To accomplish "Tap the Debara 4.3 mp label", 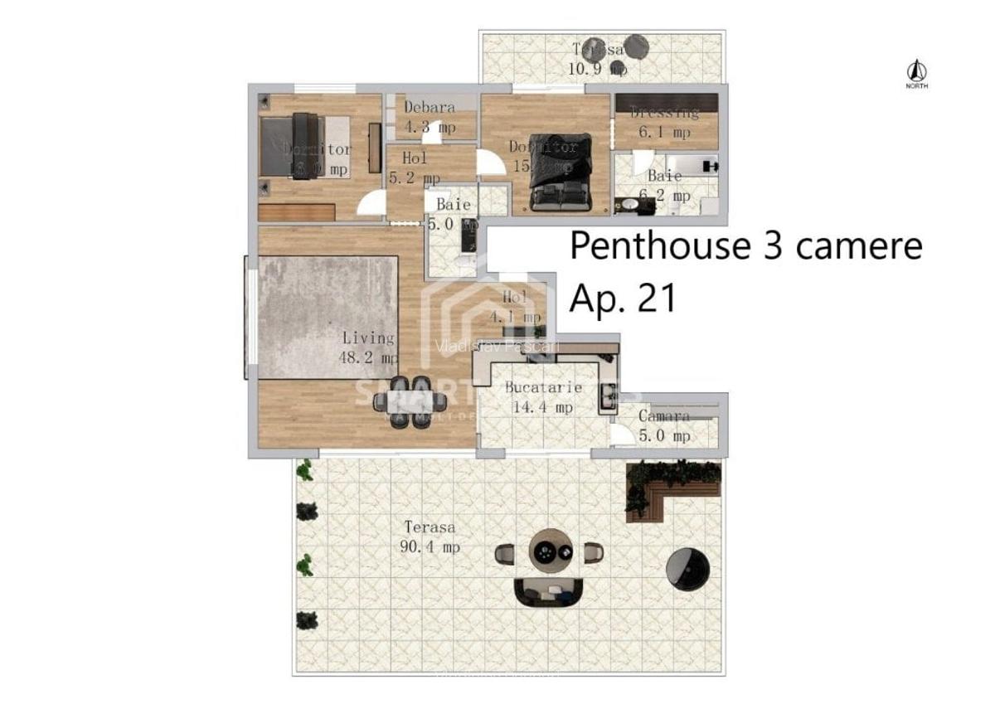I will coord(430,117).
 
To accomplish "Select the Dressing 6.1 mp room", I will coord(665,121).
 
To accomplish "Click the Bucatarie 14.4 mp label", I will coord(543,397).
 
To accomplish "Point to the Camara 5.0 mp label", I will coord(664,425).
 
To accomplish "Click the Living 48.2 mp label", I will coord(370,347).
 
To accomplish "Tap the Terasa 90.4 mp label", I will coord(430,536).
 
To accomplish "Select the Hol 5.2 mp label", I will coord(415,168).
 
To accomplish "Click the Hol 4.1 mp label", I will coord(515,306).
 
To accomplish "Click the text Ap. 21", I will coord(622,298).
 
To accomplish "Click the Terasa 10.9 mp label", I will coord(597,59).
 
